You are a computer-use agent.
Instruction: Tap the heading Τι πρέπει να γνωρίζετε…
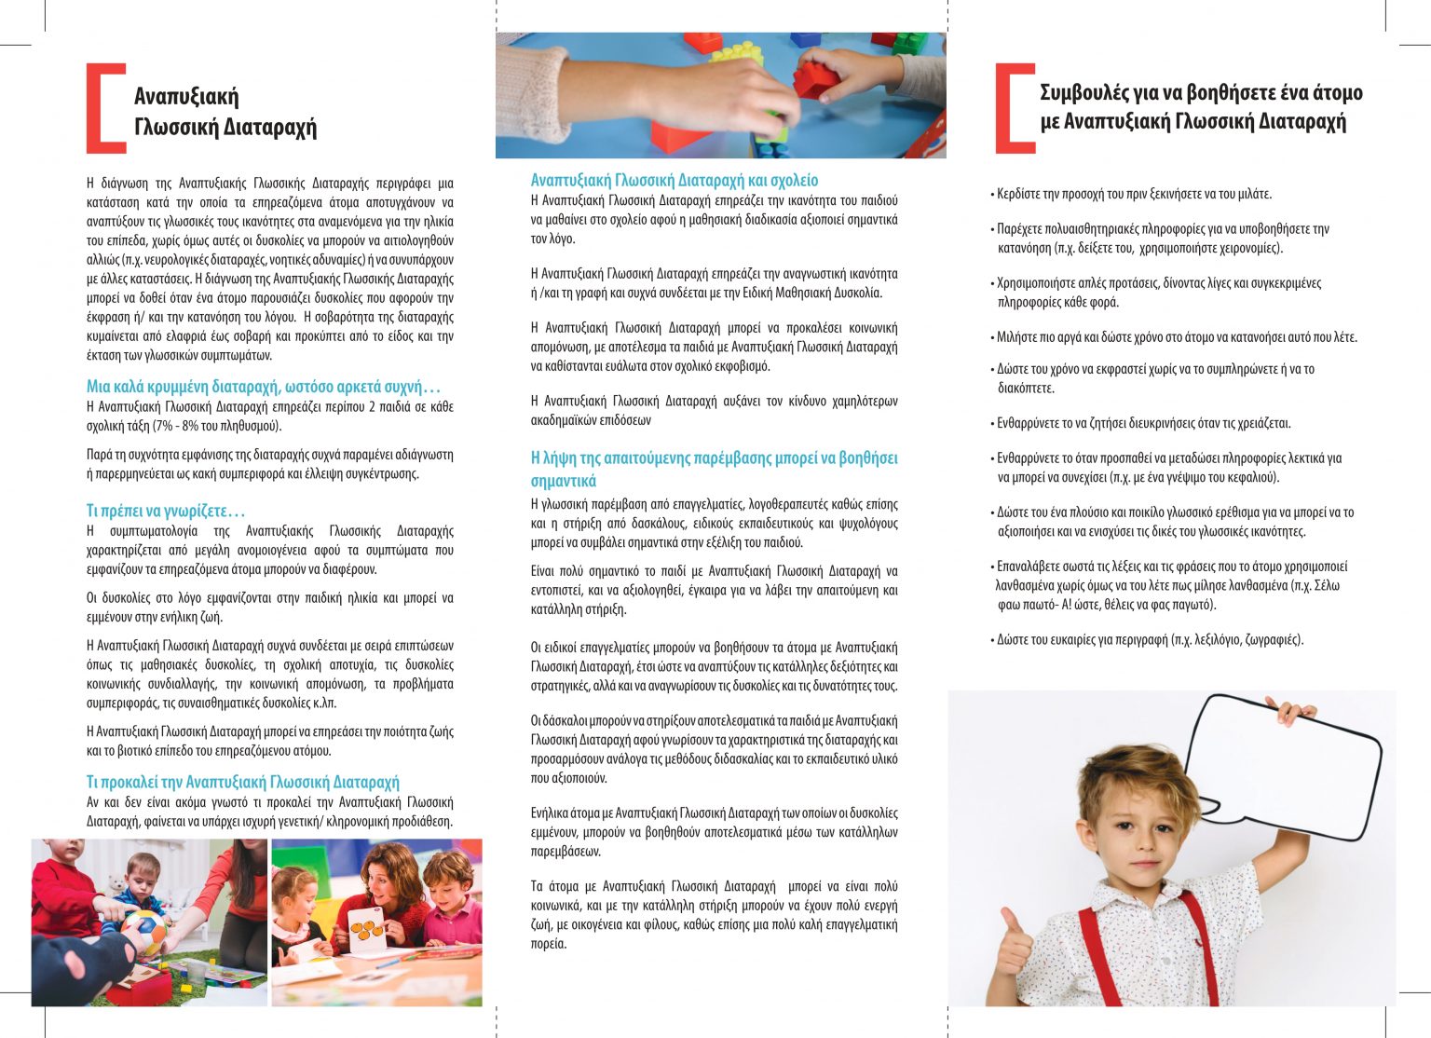165,511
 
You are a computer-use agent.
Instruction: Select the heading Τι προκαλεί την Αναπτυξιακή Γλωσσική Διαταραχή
242,782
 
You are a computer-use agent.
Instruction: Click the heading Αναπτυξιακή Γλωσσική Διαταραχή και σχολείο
674,180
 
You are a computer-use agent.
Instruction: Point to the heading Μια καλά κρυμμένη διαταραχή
263,387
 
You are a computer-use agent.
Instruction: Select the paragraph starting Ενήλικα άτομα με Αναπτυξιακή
714,832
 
